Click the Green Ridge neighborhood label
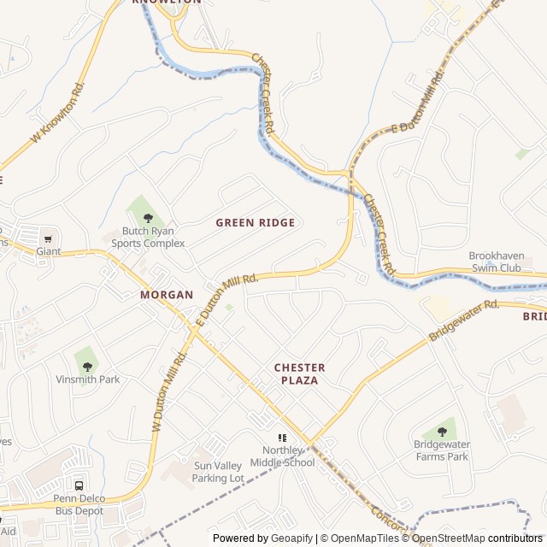(255, 222)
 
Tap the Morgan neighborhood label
(167, 294)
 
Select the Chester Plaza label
(299, 373)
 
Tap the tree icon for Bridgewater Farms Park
(441, 432)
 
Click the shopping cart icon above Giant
(48, 238)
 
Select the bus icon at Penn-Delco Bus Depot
(79, 485)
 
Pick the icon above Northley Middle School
(282, 438)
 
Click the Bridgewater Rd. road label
(463, 320)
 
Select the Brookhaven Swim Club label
(506, 262)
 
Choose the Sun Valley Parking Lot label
(219, 472)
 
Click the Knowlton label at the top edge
(167, 3)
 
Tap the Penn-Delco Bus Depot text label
(79, 504)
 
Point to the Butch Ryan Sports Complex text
(148, 237)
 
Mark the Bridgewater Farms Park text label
(441, 450)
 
